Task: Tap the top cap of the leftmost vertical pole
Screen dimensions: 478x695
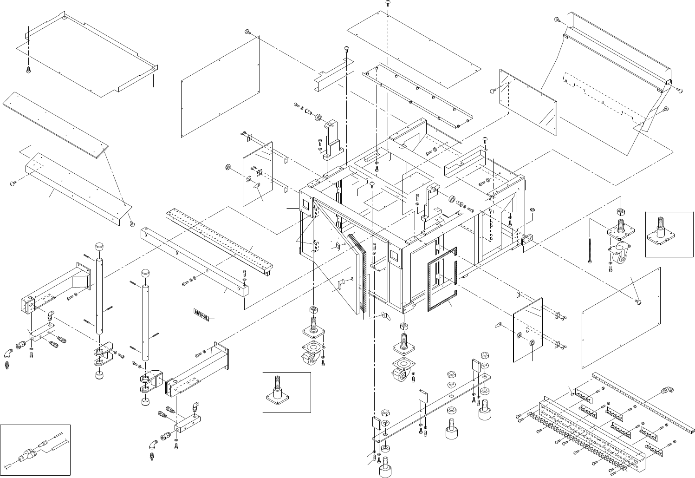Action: click(x=98, y=246)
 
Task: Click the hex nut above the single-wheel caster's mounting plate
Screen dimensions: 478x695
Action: click(x=621, y=212)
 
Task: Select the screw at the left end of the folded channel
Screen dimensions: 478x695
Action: click(x=13, y=184)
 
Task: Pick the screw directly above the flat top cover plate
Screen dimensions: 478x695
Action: click(x=388, y=3)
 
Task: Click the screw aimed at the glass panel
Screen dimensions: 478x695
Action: click(x=494, y=91)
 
